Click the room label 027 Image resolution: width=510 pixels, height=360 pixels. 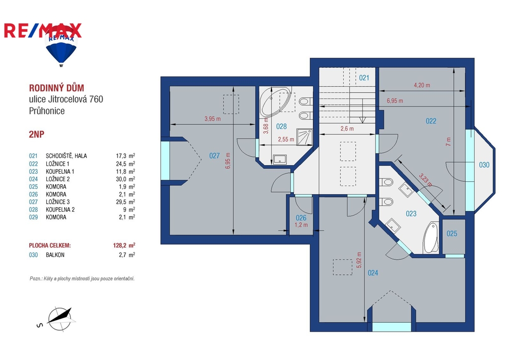(x=214, y=156)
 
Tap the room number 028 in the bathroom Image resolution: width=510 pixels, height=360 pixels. (x=281, y=126)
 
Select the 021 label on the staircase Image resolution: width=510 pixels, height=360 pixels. (x=364, y=78)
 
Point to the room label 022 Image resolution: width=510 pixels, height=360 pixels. (x=431, y=121)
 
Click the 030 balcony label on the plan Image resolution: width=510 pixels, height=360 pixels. (x=484, y=165)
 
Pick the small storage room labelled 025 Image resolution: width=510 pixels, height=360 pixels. (x=452, y=234)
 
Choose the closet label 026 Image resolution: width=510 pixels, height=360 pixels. (x=301, y=218)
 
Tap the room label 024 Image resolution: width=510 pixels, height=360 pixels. (x=373, y=273)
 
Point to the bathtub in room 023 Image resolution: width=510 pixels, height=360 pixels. (x=431, y=238)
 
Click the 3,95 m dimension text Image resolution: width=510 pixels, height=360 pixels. (x=212, y=119)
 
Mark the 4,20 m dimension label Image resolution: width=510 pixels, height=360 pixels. (x=422, y=85)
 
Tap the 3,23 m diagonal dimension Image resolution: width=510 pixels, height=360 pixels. (x=426, y=180)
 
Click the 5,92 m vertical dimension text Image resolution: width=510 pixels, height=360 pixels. (x=359, y=259)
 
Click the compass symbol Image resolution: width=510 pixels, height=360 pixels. (x=59, y=319)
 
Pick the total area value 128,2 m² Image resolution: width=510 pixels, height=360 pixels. (x=124, y=245)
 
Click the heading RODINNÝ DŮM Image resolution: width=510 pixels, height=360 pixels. (x=57, y=88)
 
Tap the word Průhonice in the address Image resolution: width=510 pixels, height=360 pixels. (x=47, y=111)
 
